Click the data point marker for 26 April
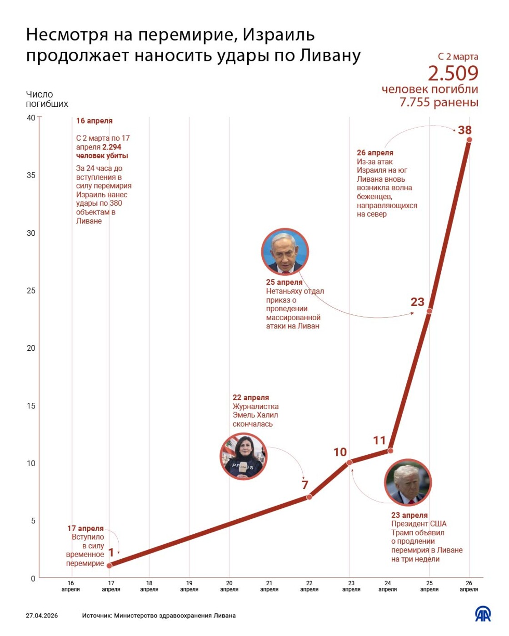[469, 140]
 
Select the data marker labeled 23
[429, 311]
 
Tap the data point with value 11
[390, 451]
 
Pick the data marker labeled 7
[309, 497]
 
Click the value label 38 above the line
[464, 130]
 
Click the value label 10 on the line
[340, 452]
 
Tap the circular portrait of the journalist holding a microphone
[244, 457]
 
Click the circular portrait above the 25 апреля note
[285, 252]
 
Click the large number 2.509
[453, 73]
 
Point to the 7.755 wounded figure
[439, 102]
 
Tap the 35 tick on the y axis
[31, 175]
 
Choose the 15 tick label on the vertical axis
[31, 406]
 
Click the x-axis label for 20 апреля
[229, 586]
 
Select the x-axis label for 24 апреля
[388, 586]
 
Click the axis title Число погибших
[47, 99]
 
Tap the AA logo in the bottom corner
[483, 614]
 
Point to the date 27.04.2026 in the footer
[42, 616]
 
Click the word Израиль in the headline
[279, 35]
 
